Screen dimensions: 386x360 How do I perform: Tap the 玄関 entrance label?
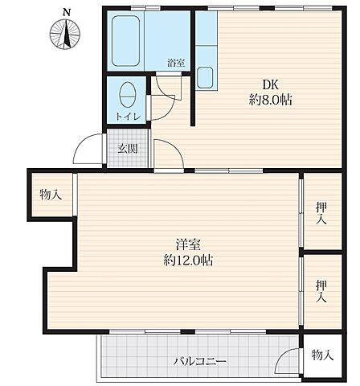[126, 147]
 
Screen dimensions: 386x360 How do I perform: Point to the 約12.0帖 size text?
[188, 261]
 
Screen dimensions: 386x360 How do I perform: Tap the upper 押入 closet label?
[321, 213]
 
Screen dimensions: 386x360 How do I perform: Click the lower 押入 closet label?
[321, 291]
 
